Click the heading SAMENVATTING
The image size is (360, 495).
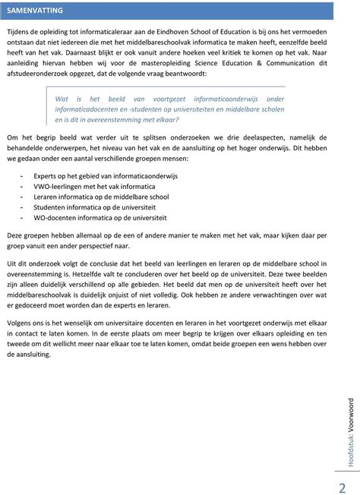[x=36, y=11]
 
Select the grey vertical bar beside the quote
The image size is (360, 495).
[x=47, y=109]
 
